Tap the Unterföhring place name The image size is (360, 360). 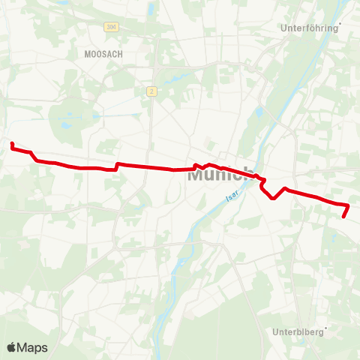click(309, 28)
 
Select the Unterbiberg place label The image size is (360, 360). click(296, 331)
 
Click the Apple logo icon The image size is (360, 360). click(12, 347)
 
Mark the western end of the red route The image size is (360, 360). click(12, 142)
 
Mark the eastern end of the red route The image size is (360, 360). click(343, 217)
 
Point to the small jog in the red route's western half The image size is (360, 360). click(116, 166)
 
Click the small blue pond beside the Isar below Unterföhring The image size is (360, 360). click(259, 112)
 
